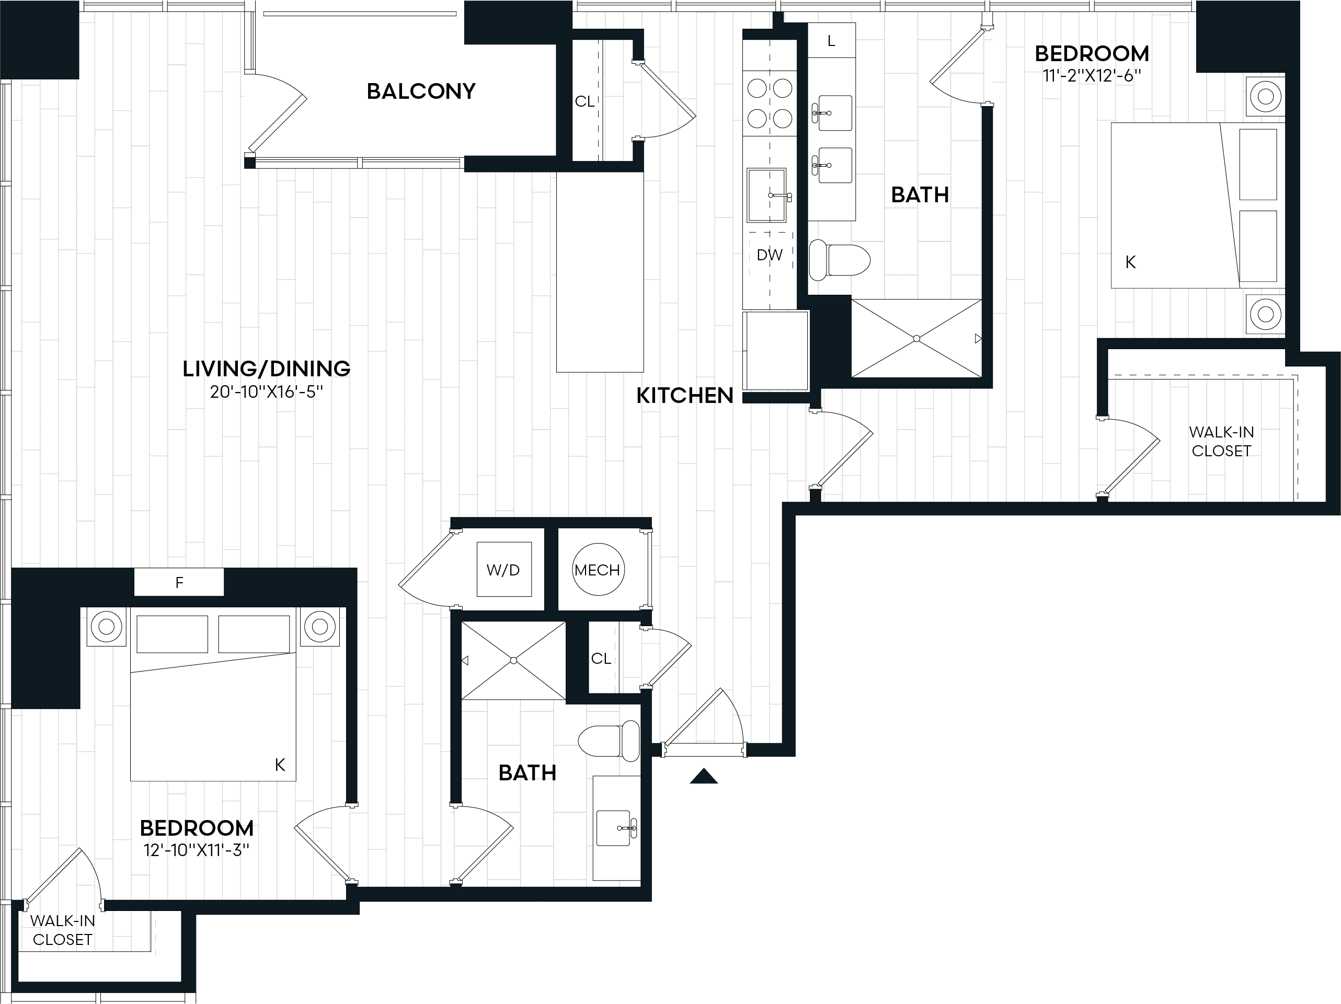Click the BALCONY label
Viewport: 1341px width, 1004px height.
(x=421, y=91)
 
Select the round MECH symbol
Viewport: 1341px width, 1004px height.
(x=598, y=570)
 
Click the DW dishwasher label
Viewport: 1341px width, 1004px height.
(x=770, y=255)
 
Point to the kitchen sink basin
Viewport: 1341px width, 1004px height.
(x=767, y=195)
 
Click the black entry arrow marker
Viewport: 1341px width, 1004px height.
(x=703, y=776)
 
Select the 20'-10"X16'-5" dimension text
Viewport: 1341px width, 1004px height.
(x=266, y=392)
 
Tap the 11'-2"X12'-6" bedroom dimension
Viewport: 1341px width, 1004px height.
(x=1092, y=76)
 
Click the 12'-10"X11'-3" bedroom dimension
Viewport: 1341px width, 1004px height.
(x=197, y=850)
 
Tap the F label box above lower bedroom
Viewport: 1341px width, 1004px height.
(x=179, y=582)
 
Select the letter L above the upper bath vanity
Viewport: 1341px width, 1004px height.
(x=831, y=41)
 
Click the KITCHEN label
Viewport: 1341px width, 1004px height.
(x=684, y=396)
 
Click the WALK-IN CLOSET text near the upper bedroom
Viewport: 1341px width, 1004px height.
(x=1221, y=441)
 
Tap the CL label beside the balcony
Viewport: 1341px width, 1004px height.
(x=584, y=101)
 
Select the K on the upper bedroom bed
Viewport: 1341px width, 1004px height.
(x=1130, y=262)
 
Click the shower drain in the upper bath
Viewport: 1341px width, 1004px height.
(x=916, y=339)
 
